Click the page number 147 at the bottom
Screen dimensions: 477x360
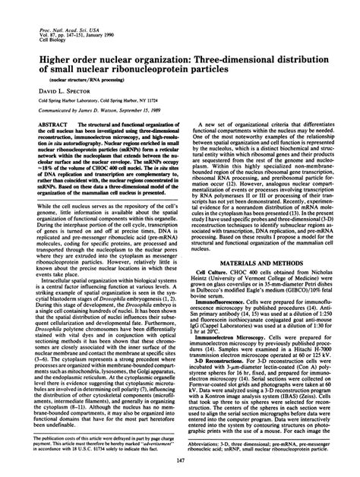[180, 462]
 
